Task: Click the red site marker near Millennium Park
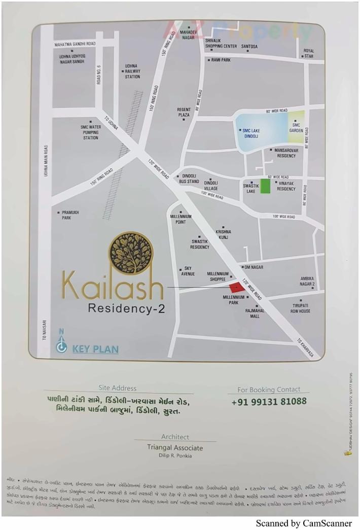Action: point(237,288)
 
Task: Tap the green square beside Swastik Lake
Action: point(265,186)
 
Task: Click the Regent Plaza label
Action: point(184,112)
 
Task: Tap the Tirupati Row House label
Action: point(301,308)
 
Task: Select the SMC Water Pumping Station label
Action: point(91,132)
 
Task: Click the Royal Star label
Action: point(308,53)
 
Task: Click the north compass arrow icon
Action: point(62,346)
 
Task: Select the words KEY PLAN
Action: point(95,349)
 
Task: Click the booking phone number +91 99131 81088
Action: point(269,401)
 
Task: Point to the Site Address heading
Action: point(118,388)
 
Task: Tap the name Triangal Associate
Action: point(175,448)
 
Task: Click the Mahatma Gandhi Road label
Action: point(75,45)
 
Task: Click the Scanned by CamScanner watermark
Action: point(303,523)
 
